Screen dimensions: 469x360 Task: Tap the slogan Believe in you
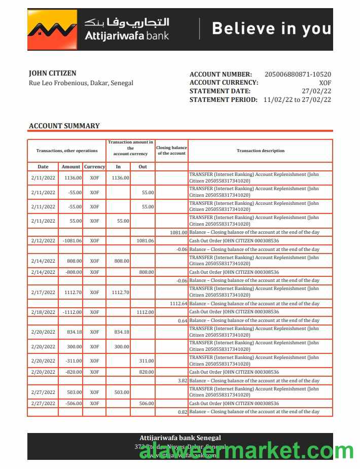pyautogui.click(x=271, y=28)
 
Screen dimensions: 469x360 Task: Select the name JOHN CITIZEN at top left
pyautogui.click(x=53, y=74)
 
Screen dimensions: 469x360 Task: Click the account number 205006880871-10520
pyautogui.click(x=298, y=75)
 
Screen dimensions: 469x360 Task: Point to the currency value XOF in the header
pyautogui.click(x=325, y=83)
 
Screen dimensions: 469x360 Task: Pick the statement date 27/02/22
pyautogui.click(x=316, y=91)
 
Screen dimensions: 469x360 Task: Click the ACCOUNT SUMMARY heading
pyautogui.click(x=64, y=126)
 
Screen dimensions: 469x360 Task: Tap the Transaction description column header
pyautogui.click(x=261, y=151)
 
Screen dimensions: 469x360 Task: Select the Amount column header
pyautogui.click(x=71, y=167)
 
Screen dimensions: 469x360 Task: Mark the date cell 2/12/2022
pyautogui.click(x=43, y=240)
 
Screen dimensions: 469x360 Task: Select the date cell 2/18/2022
pyautogui.click(x=43, y=312)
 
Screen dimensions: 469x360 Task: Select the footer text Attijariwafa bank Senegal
pyautogui.click(x=180, y=438)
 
